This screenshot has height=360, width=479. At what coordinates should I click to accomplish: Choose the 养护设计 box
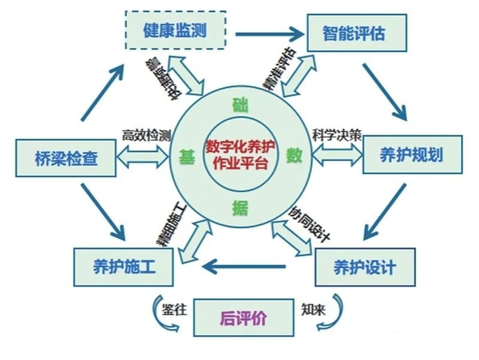[x=365, y=267]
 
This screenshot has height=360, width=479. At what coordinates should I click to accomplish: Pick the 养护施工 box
[x=124, y=267]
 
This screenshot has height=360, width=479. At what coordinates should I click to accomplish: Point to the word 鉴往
[x=175, y=309]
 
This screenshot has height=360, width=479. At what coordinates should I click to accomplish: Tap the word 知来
[x=313, y=308]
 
